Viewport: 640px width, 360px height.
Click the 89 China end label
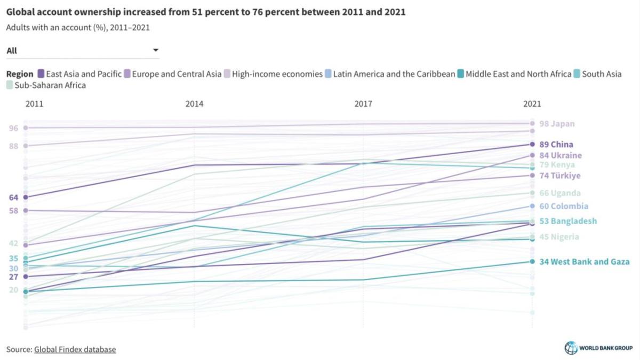click(556, 145)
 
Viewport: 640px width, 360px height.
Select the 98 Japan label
click(557, 124)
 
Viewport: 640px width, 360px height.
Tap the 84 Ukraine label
click(560, 155)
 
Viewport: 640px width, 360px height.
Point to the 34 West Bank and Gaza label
click(584, 262)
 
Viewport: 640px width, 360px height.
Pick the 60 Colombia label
click(564, 206)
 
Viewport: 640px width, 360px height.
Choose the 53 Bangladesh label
click(568, 221)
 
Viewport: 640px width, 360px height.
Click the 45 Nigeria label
click(559, 237)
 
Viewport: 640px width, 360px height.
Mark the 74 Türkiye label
click(559, 175)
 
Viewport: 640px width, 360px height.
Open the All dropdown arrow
click(156, 51)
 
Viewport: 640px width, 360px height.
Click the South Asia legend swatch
click(576, 74)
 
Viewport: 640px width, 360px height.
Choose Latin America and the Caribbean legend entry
click(394, 74)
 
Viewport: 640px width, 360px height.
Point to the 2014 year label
click(194, 105)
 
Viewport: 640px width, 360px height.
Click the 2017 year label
click(363, 105)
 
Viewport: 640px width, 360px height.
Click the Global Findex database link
click(75, 349)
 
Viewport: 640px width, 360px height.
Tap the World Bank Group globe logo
click(571, 348)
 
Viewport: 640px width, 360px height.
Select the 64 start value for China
click(13, 197)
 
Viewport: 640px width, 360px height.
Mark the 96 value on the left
click(13, 128)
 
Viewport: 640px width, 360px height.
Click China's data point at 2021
click(532, 145)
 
